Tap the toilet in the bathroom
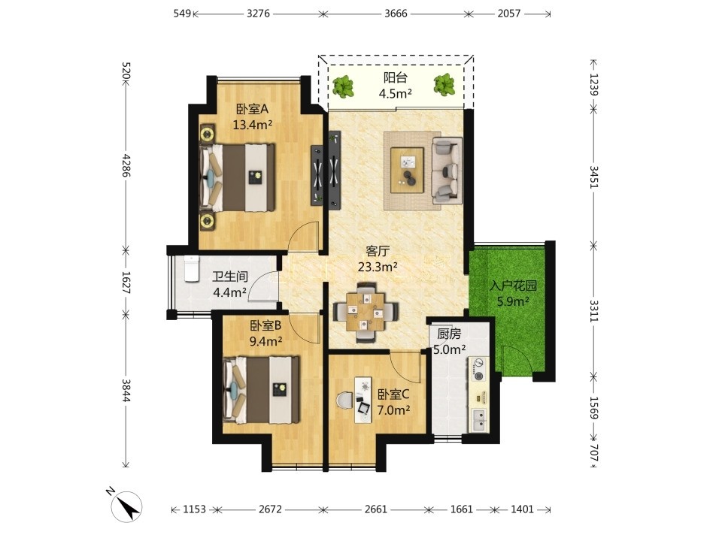(x=190, y=269)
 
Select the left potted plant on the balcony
(x=343, y=86)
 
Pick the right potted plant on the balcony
(x=444, y=85)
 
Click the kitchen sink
(x=479, y=419)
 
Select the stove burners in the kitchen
(x=479, y=370)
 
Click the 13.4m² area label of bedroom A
(x=253, y=125)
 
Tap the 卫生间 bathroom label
(x=230, y=276)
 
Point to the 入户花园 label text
(x=513, y=286)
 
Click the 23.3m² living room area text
(x=378, y=266)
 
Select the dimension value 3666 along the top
(x=396, y=14)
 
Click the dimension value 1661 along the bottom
(x=461, y=509)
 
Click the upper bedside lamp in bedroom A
(x=208, y=134)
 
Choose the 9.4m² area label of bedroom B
(x=265, y=341)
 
